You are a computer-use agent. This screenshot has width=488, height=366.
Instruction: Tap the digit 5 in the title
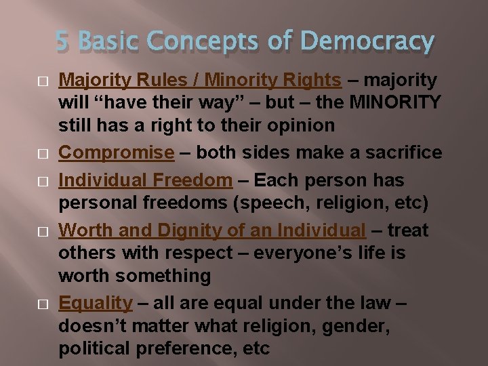pyautogui.click(x=62, y=43)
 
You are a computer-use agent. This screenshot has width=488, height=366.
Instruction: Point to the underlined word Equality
pyautogui.click(x=95, y=303)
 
